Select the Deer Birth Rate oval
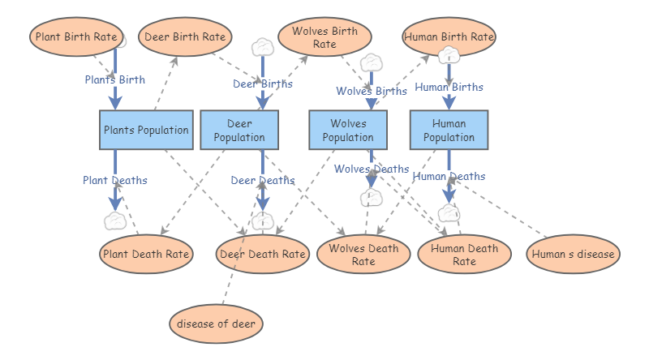[185, 37]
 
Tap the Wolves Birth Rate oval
[324, 37]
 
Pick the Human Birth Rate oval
[449, 37]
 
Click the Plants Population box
[146, 130]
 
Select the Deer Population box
[239, 130]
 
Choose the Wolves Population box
[348, 130]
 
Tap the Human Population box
[449, 130]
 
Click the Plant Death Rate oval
[146, 254]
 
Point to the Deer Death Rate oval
[263, 254]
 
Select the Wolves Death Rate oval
[363, 254]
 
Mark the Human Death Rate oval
[464, 254]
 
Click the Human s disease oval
[574, 254]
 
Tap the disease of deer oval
[217, 324]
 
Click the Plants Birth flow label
[115, 79]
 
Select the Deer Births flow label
[263, 84]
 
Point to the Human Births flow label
[449, 87]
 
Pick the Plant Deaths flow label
[115, 180]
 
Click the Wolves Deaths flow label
[372, 169]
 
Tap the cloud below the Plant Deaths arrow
[115, 220]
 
